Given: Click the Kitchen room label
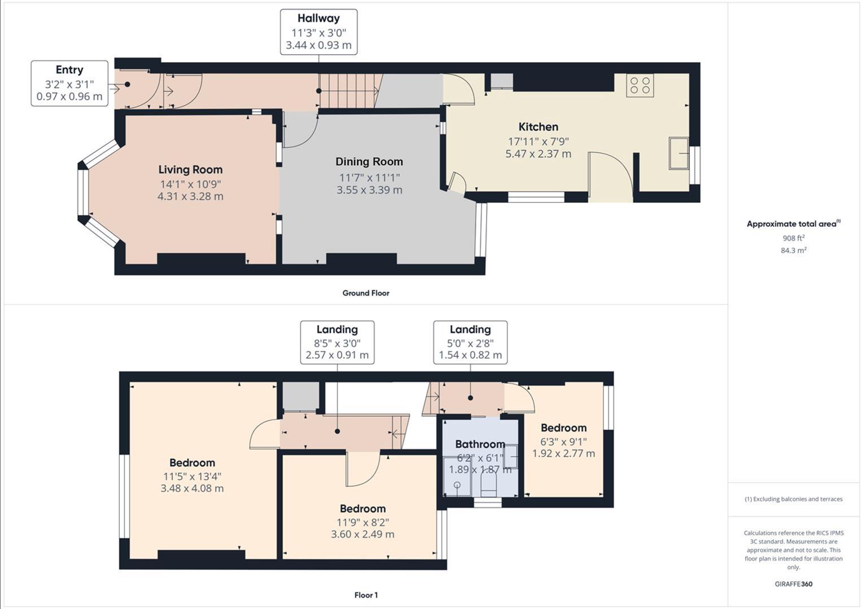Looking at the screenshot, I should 538,127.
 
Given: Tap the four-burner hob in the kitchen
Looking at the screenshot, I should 640,85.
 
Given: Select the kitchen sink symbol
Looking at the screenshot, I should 679,153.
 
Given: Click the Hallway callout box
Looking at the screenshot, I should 318,32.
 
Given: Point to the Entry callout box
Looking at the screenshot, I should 69,83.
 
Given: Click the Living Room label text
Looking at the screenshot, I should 190,169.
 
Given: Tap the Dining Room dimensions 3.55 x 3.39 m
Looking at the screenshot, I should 369,190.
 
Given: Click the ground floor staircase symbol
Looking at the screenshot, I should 348,91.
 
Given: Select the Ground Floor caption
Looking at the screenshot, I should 366,293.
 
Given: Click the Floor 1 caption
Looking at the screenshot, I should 366,595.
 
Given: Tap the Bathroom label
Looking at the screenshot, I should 480,444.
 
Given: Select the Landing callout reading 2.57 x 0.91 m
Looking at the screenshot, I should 337,342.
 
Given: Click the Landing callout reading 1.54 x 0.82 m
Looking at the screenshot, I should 470,342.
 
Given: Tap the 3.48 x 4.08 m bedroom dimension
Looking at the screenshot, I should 192,488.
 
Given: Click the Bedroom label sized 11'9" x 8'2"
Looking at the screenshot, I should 362,509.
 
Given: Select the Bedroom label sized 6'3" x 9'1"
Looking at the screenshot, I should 563,428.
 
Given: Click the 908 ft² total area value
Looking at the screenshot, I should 793,238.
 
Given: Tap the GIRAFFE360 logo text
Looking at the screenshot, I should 793,584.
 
